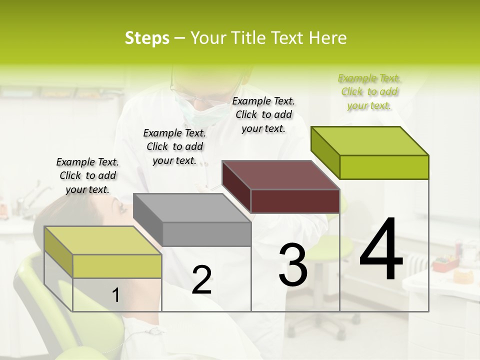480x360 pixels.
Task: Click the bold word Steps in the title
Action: click(147, 38)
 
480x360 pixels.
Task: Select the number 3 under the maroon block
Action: click(292, 265)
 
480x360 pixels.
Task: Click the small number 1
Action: click(115, 295)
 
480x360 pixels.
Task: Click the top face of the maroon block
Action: click(280, 175)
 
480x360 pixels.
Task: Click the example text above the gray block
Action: click(174, 146)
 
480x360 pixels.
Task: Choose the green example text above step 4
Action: click(369, 91)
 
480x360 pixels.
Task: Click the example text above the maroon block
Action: click(263, 114)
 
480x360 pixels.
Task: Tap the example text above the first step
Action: click(87, 175)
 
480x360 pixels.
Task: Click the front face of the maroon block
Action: click(295, 201)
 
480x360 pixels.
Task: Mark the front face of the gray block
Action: click(206, 234)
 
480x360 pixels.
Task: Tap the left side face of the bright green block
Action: click(325, 152)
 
